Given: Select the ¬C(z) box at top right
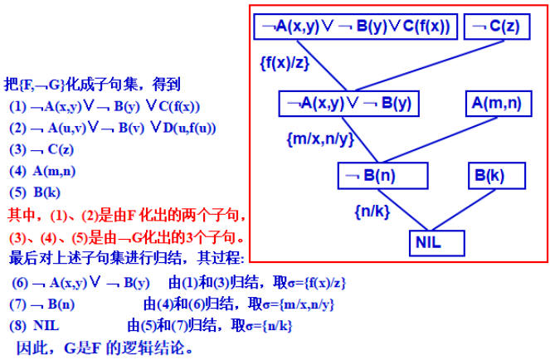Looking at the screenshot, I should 494,27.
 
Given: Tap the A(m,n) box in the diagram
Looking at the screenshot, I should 497,103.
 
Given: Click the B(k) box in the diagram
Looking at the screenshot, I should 488,176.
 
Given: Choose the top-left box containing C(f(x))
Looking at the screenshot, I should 355,27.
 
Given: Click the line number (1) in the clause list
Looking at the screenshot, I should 17,106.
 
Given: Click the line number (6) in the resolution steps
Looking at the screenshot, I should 18,282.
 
